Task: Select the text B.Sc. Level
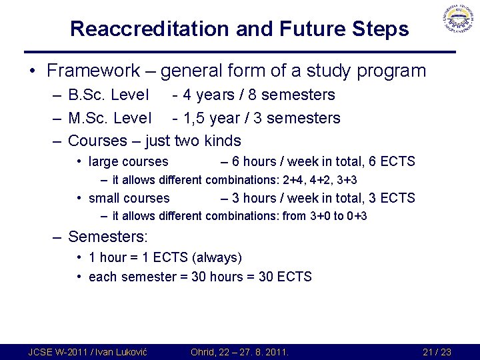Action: pyautogui.click(x=110, y=95)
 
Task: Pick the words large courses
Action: pyautogui.click(x=128, y=161)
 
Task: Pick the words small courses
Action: pyautogui.click(x=129, y=198)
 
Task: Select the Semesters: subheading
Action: pyautogui.click(x=108, y=237)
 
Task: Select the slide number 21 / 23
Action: pyautogui.click(x=437, y=352)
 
